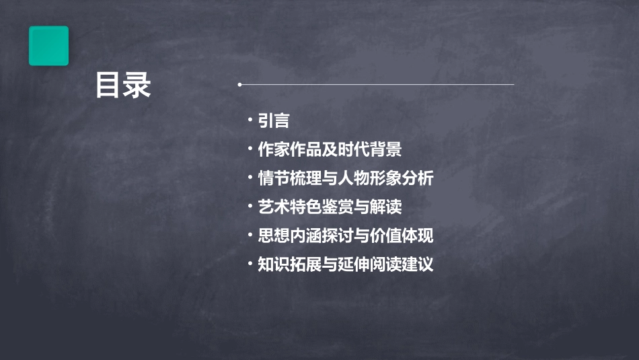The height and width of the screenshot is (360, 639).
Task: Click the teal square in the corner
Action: [48, 46]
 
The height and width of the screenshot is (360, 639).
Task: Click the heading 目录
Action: [123, 85]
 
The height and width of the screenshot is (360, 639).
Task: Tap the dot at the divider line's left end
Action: [239, 85]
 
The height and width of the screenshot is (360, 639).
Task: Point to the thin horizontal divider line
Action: [377, 85]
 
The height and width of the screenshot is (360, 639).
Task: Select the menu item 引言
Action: [274, 121]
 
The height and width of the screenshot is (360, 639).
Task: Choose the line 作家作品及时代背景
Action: [330, 149]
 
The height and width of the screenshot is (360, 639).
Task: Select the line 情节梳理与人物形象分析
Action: [346, 178]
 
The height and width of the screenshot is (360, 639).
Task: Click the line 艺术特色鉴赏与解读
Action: [330, 207]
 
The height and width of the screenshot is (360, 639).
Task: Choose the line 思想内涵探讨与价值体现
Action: [346, 236]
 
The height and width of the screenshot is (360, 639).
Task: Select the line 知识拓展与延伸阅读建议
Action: [346, 264]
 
